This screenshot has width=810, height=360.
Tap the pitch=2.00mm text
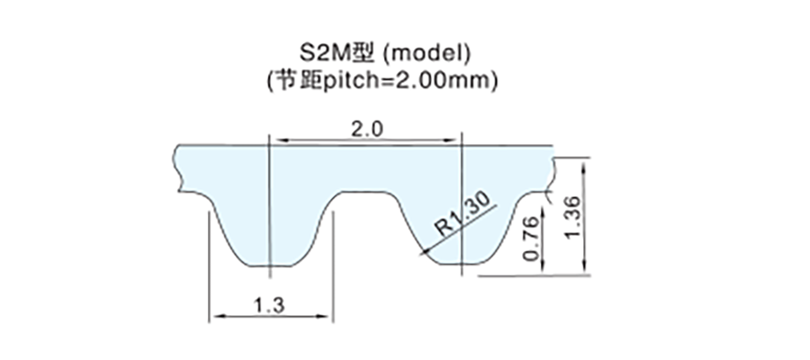(409, 81)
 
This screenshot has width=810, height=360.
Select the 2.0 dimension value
(367, 130)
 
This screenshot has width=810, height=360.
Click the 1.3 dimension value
(268, 305)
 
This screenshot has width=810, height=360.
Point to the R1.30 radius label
(462, 215)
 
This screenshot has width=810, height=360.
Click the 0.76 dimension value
(533, 238)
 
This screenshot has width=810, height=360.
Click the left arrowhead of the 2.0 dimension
(280, 139)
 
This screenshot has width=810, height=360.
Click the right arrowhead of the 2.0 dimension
(451, 139)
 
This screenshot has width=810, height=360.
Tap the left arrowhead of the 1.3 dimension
(218, 316)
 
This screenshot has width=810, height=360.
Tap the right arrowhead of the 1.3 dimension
(323, 316)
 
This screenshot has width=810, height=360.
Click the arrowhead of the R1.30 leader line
(426, 251)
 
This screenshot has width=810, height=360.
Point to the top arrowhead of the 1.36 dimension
(584, 168)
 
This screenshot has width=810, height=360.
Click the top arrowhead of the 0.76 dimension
(544, 212)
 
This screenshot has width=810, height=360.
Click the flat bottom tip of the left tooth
(270, 266)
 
